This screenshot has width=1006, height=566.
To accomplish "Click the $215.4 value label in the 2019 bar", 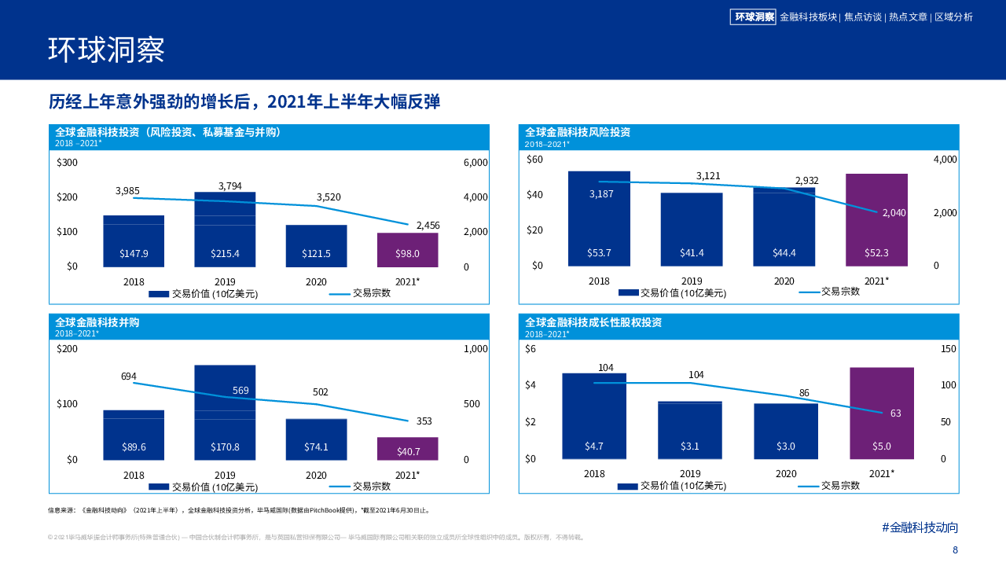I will pyautogui.click(x=225, y=254).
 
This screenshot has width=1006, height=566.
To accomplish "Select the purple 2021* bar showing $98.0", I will pyautogui.click(x=407, y=249).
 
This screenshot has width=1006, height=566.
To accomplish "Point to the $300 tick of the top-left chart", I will pyautogui.click(x=68, y=163).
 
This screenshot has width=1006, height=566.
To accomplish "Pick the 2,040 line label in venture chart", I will pyautogui.click(x=894, y=213).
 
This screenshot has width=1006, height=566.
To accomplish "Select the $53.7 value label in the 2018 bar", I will pyautogui.click(x=599, y=253).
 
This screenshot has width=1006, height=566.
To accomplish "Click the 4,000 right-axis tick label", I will pyautogui.click(x=945, y=160).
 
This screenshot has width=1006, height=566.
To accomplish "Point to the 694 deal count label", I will pyautogui.click(x=129, y=377).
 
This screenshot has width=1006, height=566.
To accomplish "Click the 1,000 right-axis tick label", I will pyautogui.click(x=476, y=349).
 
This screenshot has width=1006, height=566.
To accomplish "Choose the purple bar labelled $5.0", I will pyautogui.click(x=882, y=413).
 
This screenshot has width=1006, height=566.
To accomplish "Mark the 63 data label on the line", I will pyautogui.click(x=895, y=413).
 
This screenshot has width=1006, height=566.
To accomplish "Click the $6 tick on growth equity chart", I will pyautogui.click(x=531, y=349).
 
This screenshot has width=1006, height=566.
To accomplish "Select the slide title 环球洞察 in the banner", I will pyautogui.click(x=106, y=50).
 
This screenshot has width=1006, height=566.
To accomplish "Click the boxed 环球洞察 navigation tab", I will pyautogui.click(x=753, y=17).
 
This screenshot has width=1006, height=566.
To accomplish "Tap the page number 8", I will pyautogui.click(x=955, y=550).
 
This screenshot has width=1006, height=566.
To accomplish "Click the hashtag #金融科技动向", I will pyautogui.click(x=920, y=527).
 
